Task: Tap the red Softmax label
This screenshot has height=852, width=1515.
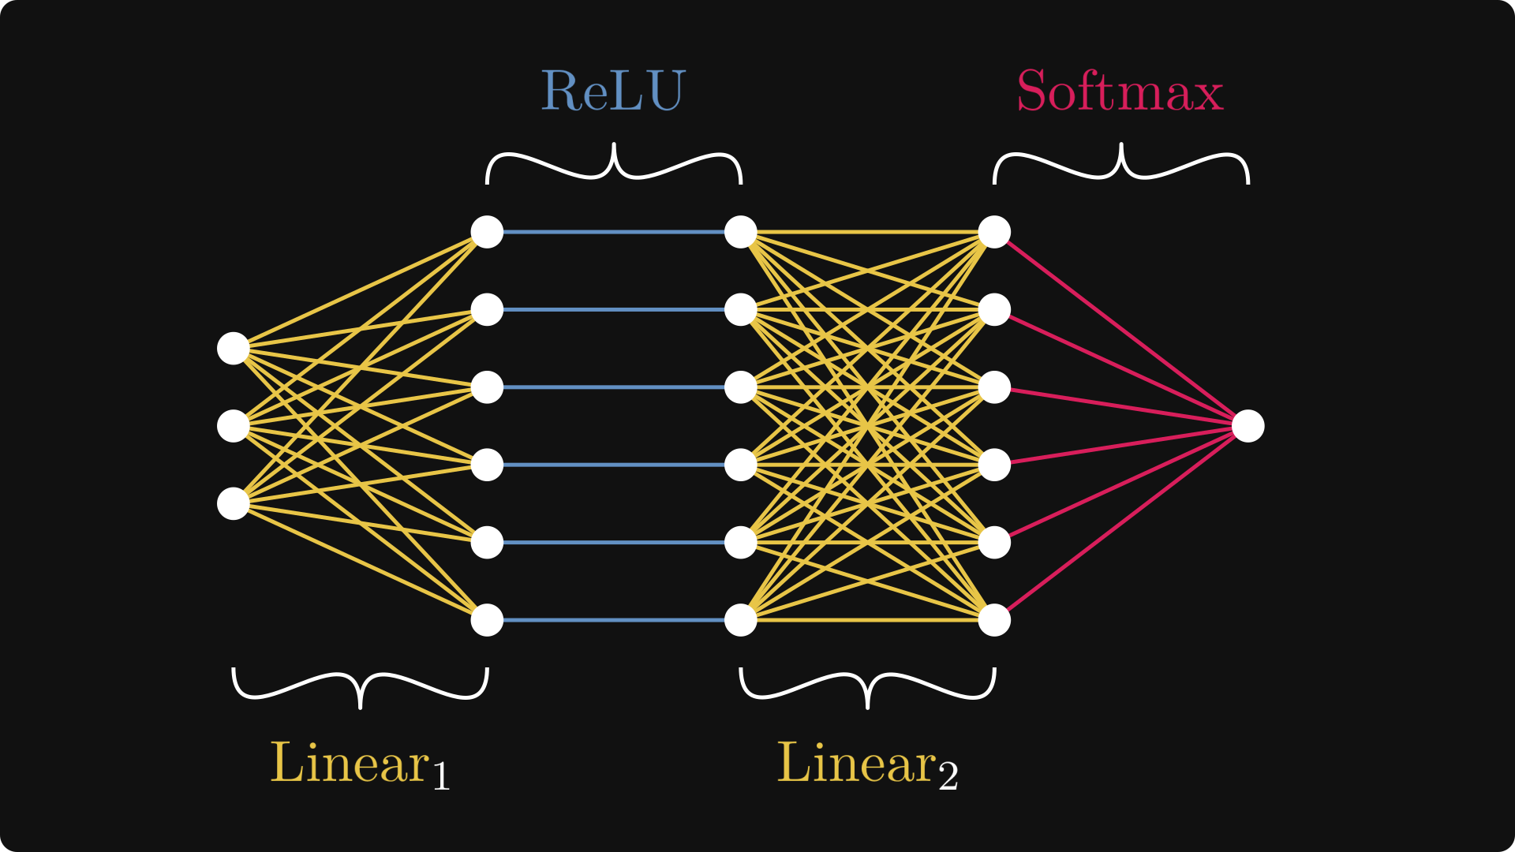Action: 1120,92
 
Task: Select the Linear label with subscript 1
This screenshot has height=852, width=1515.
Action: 359,764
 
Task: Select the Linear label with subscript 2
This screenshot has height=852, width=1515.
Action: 866,764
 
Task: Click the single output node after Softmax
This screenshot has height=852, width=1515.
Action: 1248,426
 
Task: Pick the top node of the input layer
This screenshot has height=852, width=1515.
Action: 234,349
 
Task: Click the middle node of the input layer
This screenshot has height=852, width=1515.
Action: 234,426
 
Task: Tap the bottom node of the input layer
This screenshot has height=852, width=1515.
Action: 234,503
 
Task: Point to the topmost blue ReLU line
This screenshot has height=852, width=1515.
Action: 614,232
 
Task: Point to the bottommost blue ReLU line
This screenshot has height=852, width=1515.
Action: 614,620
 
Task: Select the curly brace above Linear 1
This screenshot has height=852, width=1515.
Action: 361,685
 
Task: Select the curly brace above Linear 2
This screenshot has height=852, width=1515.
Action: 868,685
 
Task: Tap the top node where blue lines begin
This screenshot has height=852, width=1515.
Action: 487,232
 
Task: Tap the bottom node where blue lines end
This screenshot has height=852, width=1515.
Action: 741,620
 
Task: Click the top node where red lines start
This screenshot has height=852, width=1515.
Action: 994,232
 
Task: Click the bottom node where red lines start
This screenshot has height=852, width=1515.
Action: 994,620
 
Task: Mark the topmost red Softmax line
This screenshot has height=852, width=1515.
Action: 1120,328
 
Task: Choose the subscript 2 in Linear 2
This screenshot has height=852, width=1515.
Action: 948,776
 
